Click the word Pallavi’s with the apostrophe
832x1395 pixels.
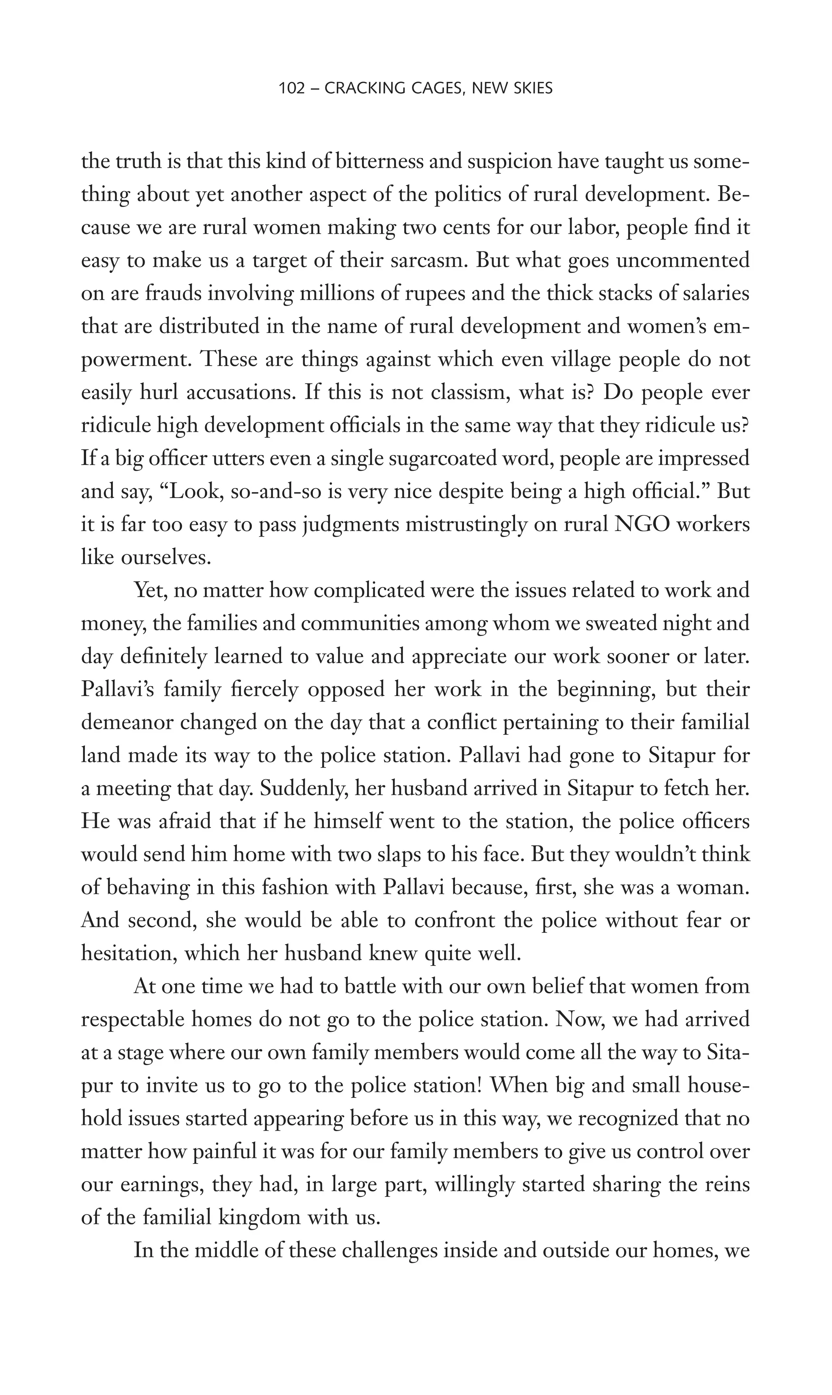coord(117,689)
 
